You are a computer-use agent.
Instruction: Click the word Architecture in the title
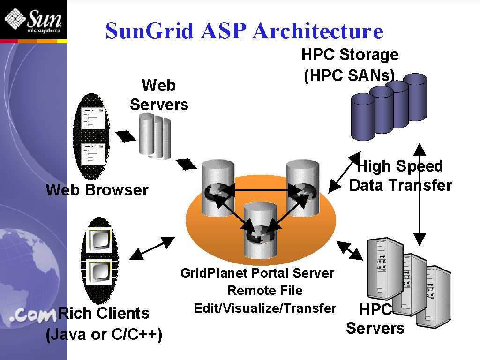318,31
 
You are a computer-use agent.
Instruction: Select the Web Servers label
159,95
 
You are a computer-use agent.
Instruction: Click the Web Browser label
97,190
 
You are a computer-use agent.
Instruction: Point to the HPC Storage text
350,55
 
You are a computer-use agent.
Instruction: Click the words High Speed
400,166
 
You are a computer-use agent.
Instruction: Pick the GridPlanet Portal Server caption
257,273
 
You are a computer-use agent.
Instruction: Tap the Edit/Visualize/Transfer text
265,308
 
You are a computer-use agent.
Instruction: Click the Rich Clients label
104,313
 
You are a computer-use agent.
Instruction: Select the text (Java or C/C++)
104,335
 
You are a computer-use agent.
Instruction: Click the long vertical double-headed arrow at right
420,195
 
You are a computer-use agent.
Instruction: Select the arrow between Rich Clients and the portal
152,247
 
